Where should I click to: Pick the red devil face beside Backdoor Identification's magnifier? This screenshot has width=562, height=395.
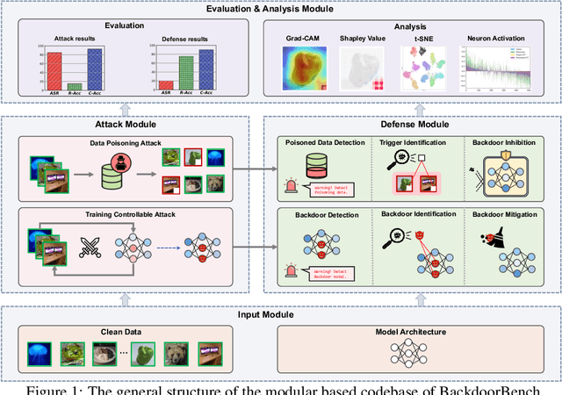[420, 235]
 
